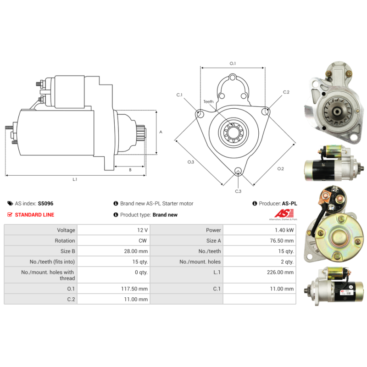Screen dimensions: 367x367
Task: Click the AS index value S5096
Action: tap(45, 203)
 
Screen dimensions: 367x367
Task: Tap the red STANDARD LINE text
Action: tap(34, 215)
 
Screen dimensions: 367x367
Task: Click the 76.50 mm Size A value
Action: tap(282, 240)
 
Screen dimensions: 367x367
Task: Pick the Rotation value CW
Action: tap(143, 240)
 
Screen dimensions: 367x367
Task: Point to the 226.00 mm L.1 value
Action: tap(280, 272)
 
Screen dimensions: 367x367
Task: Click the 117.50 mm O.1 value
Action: tap(134, 289)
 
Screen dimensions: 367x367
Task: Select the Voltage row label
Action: tap(66, 230)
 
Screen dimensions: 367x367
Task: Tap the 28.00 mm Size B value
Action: tap(136, 251)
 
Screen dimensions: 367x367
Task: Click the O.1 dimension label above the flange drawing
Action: tap(233, 63)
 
